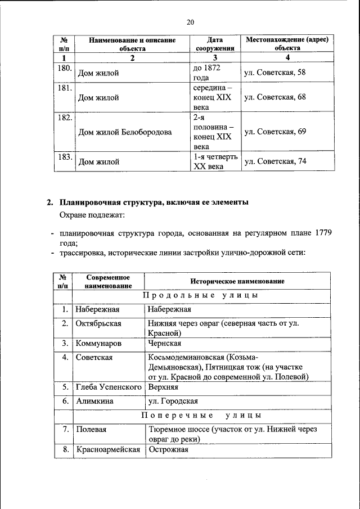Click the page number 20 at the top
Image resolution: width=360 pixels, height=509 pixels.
click(190, 22)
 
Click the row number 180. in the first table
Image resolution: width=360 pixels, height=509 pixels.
click(64, 69)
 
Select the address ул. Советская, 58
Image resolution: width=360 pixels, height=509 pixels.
click(274, 73)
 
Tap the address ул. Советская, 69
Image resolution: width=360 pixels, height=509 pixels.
click(274, 132)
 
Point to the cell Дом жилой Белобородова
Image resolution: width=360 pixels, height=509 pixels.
click(124, 133)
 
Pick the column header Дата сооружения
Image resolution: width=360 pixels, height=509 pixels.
click(214, 44)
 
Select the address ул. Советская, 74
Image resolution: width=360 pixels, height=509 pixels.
click(274, 162)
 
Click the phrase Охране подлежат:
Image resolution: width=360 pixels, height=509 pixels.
click(92, 215)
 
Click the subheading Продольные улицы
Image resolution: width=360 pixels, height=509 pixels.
click(201, 295)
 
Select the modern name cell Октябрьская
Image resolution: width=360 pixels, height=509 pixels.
click(99, 323)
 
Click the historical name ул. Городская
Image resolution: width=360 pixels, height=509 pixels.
click(172, 401)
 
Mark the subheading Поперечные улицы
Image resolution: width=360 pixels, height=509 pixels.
click(201, 416)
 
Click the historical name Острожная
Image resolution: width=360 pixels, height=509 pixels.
click(168, 449)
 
